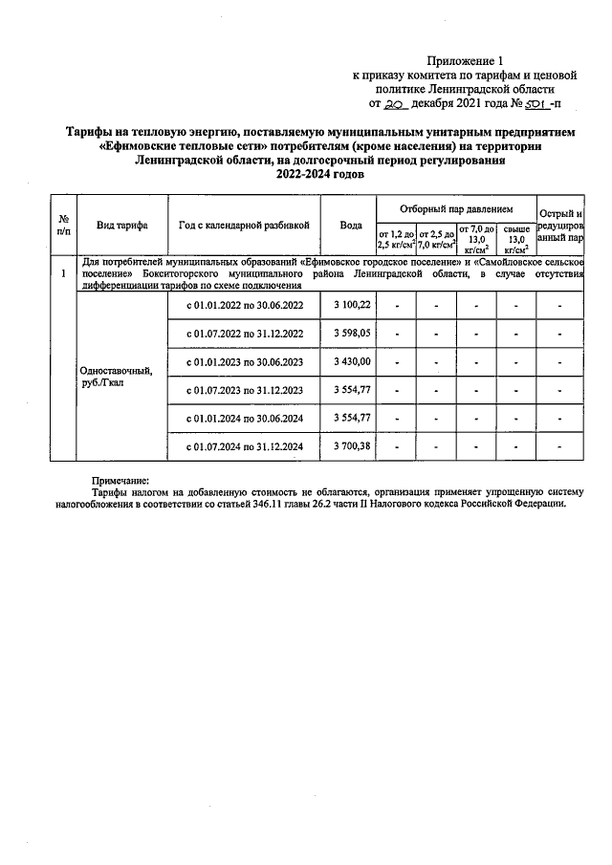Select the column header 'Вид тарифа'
(121, 226)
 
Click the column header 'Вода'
(351, 226)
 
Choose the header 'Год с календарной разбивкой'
(244, 226)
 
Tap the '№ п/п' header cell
(63, 226)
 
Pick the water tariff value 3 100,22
(352, 305)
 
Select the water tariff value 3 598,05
(352, 334)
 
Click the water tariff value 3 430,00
(352, 362)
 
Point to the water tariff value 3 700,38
(352, 446)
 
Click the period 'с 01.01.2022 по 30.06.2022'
(244, 305)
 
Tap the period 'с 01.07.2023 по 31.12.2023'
(244, 390)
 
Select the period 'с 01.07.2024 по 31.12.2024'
(244, 446)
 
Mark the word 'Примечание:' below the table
(121, 481)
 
